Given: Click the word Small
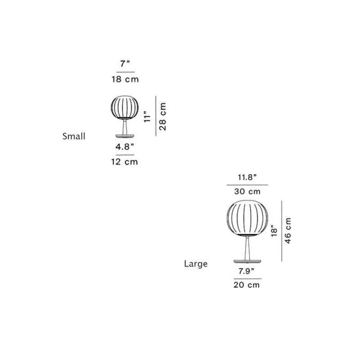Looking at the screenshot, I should tap(74, 135).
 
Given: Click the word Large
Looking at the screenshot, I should tap(196, 264).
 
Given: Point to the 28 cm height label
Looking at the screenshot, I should tap(163, 116).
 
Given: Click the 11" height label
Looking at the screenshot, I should tap(146, 117).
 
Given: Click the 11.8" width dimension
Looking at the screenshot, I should tap(247, 176).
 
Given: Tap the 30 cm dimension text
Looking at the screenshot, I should tap(247, 191).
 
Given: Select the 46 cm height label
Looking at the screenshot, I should tap(288, 230).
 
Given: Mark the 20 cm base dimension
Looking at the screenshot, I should tap(247, 285).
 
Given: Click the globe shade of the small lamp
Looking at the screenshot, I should tap(123, 108).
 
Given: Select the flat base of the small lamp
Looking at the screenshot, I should tap(123, 135).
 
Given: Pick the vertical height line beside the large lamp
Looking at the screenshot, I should tap(282, 230).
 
